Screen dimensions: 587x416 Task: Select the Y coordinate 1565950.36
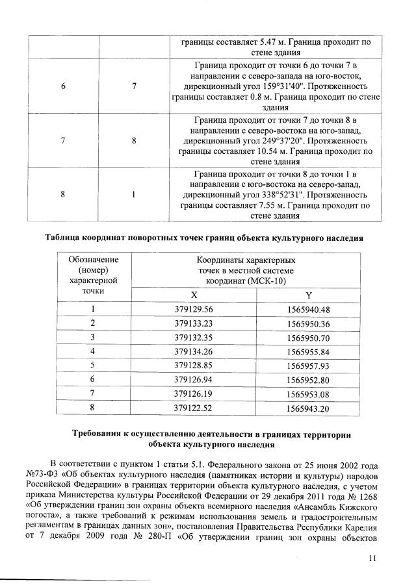pyautogui.click(x=309, y=323)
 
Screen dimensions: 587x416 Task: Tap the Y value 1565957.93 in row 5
pyautogui.click(x=309, y=366)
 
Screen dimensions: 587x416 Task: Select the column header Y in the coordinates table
pyautogui.click(x=309, y=294)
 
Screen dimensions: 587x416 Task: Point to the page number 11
pyautogui.click(x=372, y=556)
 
